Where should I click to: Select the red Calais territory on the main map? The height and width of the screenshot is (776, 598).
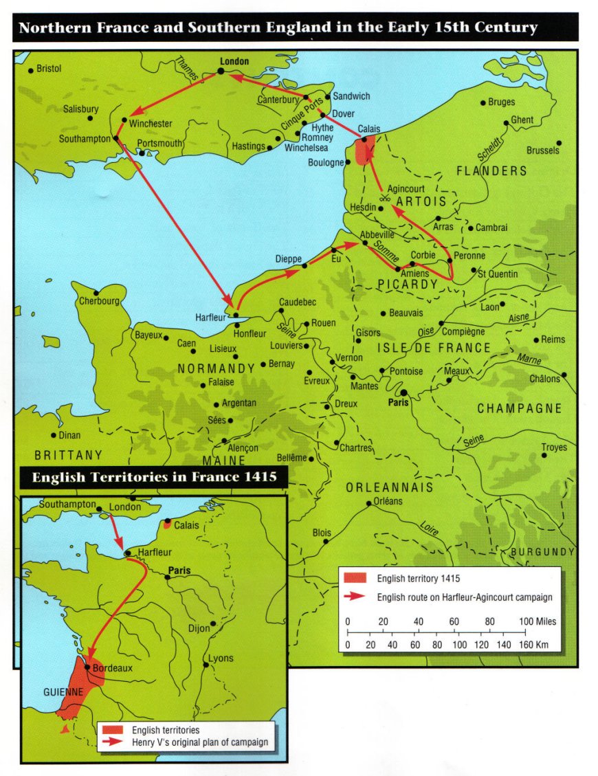[364, 150]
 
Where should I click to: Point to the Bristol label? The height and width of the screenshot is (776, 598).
[49, 69]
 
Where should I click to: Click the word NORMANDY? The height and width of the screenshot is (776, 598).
[217, 369]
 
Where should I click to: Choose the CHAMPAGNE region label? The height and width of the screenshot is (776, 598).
[520, 409]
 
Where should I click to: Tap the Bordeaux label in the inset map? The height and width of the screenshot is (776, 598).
[111, 667]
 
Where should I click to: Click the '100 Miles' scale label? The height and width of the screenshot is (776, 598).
[538, 621]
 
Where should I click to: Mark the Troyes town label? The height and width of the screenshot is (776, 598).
[554, 447]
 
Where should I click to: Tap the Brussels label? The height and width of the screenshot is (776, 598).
[543, 151]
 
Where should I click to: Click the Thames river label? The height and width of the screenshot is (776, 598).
[186, 69]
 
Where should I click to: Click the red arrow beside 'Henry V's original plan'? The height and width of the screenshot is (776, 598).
[112, 742]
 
